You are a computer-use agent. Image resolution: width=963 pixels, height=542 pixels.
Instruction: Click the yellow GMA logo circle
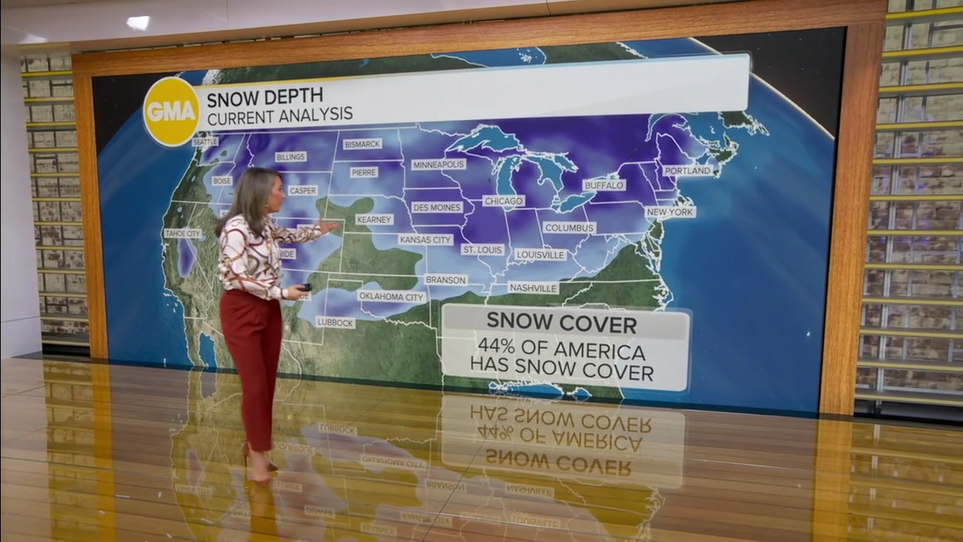[172, 111]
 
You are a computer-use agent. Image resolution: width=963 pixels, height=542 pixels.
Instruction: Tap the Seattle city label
[205, 142]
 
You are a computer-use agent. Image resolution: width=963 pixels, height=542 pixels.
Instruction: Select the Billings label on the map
[290, 157]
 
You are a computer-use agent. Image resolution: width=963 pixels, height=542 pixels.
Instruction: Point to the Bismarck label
[363, 144]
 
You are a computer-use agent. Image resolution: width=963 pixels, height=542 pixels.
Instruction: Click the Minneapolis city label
[439, 164]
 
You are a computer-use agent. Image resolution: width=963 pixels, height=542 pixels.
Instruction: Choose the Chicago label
[503, 201]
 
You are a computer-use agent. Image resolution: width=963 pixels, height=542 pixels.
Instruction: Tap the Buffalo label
[604, 184]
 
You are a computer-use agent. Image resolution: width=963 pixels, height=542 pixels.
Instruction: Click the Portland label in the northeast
[688, 171]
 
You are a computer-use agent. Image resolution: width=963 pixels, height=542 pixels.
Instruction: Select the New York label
[670, 212]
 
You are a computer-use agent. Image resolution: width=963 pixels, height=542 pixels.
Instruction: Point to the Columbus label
[570, 227]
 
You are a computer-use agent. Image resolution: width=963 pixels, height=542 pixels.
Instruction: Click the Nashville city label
[533, 288]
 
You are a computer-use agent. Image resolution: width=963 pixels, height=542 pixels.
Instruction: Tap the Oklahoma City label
[391, 297]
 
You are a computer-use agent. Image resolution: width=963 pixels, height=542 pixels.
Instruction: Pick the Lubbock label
[336, 322]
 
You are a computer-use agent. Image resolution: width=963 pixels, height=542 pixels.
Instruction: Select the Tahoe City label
[183, 233]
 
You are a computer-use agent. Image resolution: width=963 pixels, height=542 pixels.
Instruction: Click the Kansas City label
[426, 239]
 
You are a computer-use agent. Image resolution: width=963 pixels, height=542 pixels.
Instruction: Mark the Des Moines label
[436, 207]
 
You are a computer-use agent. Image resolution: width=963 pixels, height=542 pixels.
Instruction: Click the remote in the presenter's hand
[305, 287]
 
